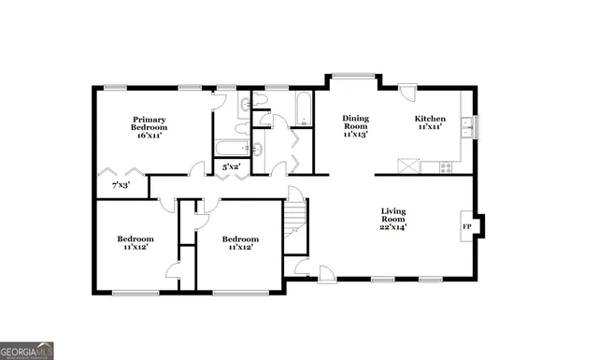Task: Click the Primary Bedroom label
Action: pyautogui.click(x=149, y=122)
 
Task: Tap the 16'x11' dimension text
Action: pyautogui.click(x=149, y=136)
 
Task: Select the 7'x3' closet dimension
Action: pyautogui.click(x=121, y=185)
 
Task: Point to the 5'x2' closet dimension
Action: pyautogui.click(x=231, y=166)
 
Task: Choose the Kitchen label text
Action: pyautogui.click(x=430, y=119)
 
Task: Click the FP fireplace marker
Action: pyautogui.click(x=466, y=226)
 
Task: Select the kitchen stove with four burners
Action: pyautogui.click(x=446, y=167)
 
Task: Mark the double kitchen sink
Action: pyautogui.click(x=466, y=127)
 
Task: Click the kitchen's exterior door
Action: pyautogui.click(x=408, y=93)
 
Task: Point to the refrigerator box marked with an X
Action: pyautogui.click(x=408, y=166)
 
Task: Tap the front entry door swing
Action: pyautogui.click(x=327, y=273)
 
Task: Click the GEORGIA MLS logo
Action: pyautogui.click(x=27, y=351)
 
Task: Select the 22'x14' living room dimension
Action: pyautogui.click(x=393, y=227)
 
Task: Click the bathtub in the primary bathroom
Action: pyautogui.click(x=230, y=147)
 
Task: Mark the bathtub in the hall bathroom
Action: pyautogui.click(x=303, y=107)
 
